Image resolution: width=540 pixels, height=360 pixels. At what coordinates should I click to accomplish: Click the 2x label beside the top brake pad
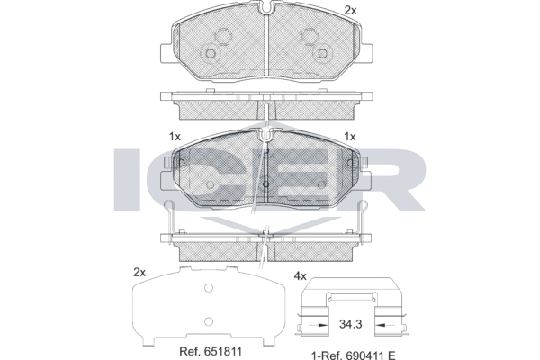click(351, 11)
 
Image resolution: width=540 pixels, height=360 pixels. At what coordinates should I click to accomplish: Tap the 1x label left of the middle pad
click(175, 137)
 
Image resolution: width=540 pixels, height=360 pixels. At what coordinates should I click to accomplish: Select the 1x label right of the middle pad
click(350, 137)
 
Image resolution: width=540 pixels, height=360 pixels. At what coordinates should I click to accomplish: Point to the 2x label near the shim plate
click(139, 273)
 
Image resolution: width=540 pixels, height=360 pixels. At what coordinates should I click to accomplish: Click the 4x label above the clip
click(300, 276)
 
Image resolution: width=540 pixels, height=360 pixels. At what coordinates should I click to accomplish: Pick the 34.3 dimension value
click(351, 324)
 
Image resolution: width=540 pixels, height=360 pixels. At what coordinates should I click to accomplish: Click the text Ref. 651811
click(211, 352)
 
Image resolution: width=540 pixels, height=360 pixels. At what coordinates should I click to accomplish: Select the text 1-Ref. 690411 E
click(354, 355)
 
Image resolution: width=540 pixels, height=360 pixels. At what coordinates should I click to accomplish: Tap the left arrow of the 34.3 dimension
click(318, 325)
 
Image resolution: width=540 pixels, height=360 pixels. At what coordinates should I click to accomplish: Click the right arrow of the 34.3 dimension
click(384, 325)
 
